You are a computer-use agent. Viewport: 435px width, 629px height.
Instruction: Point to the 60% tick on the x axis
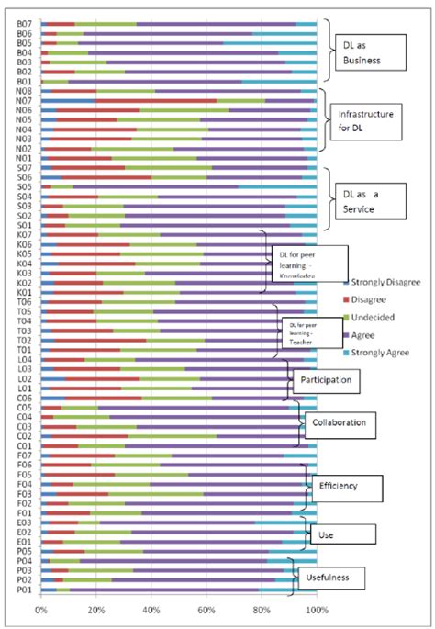click(206, 609)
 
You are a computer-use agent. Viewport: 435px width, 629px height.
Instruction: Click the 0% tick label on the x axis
click(41, 609)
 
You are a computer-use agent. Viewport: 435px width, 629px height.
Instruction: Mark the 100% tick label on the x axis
click(317, 609)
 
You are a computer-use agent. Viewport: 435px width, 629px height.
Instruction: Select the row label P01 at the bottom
click(24, 590)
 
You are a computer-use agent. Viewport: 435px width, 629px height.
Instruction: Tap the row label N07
click(24, 100)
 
